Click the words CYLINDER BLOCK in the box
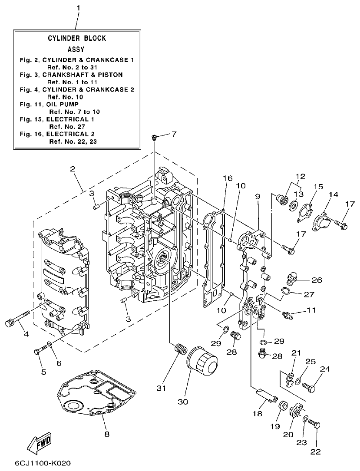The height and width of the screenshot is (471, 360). click(x=76, y=38)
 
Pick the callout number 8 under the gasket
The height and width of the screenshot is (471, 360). click(x=107, y=434)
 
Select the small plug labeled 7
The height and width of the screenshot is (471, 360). click(x=154, y=138)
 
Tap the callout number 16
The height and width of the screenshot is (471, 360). click(x=228, y=178)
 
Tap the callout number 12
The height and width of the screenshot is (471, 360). click(x=300, y=176)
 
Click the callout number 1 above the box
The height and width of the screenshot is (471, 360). click(x=78, y=8)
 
